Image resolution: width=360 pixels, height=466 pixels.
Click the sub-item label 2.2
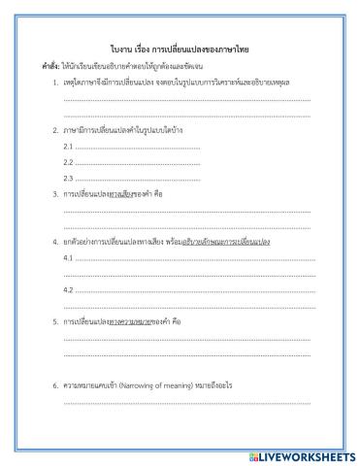click(68, 162)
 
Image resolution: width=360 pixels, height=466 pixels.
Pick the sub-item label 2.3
click(68, 179)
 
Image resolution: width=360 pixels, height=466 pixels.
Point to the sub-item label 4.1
click(68, 257)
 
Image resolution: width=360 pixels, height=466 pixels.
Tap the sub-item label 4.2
click(68, 290)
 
